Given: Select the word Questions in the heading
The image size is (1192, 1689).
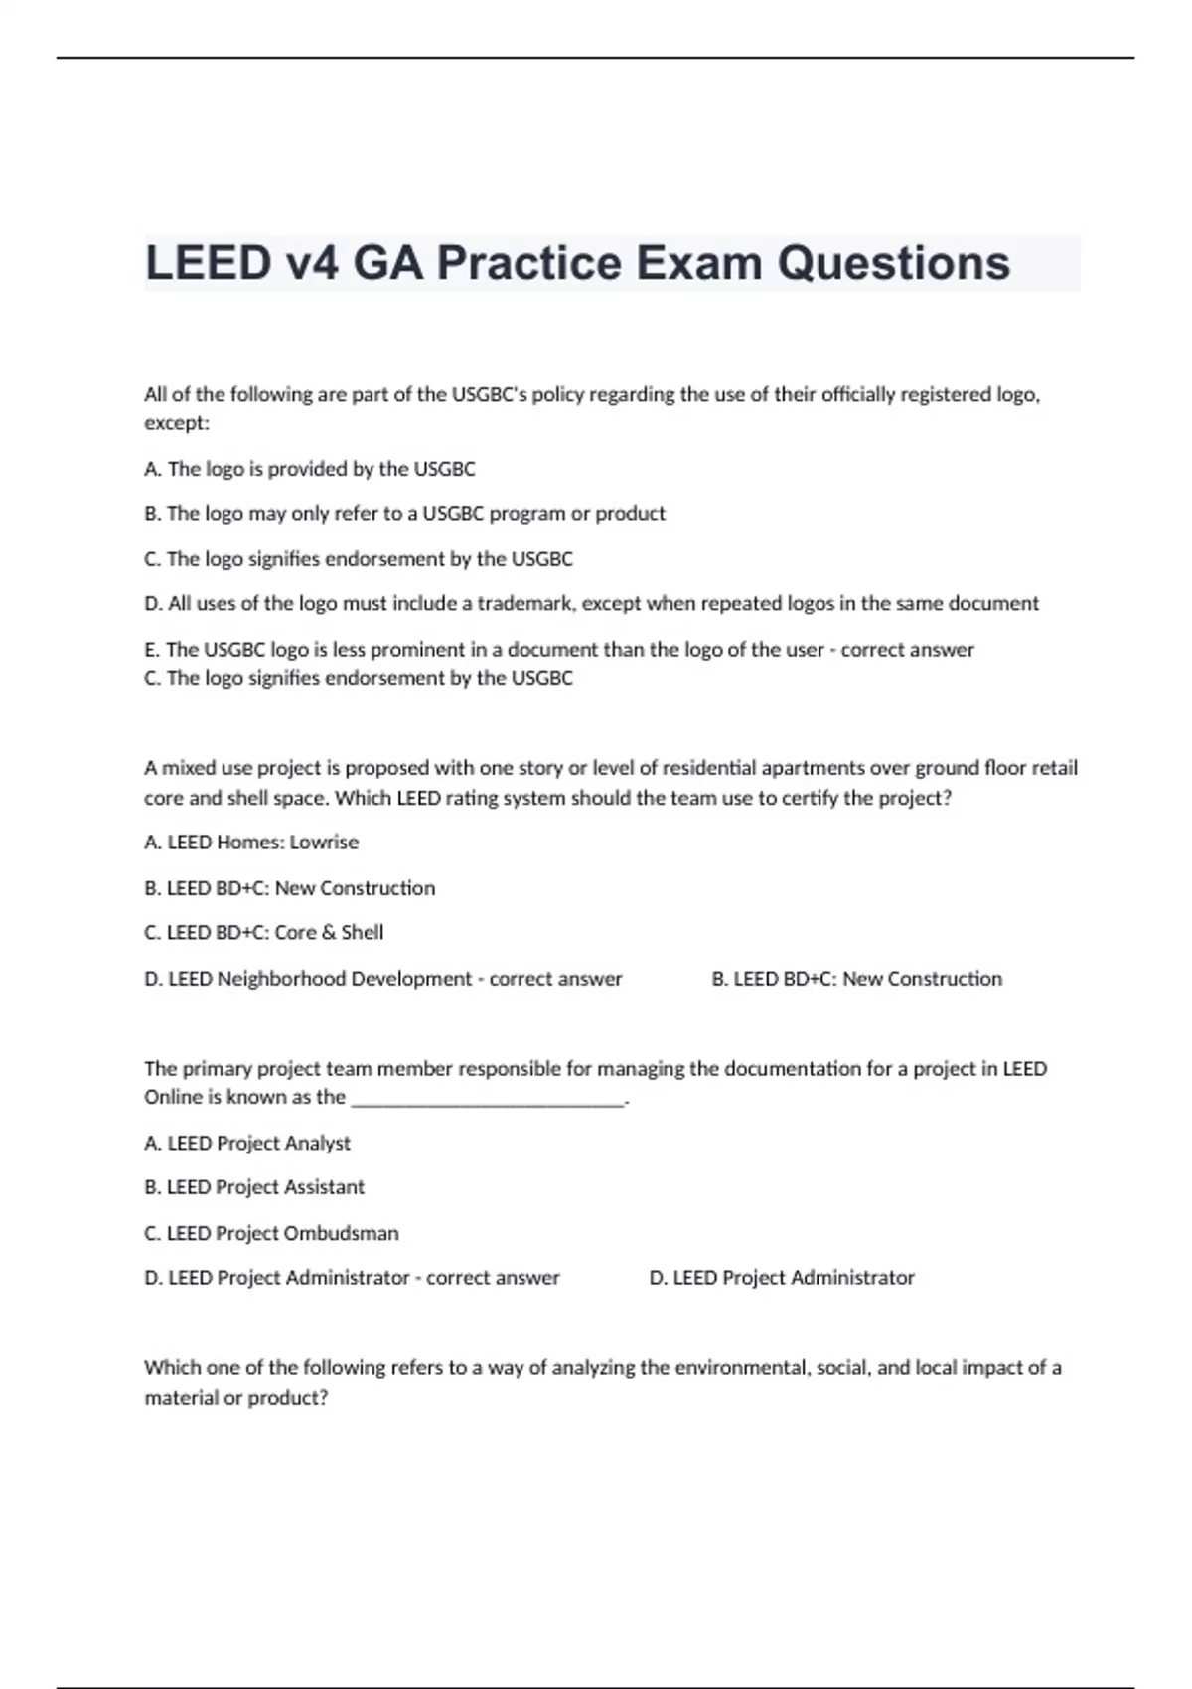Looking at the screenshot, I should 893,263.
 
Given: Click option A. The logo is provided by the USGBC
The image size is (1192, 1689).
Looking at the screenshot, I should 310,469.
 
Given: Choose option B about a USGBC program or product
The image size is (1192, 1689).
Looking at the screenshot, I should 404,514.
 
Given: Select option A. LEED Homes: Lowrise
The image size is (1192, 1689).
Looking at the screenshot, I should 251,843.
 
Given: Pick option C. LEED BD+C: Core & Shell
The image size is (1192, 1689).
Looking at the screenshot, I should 264,933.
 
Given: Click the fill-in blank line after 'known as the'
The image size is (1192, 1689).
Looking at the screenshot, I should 489,1099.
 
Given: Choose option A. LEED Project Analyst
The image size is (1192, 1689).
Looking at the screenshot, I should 247,1144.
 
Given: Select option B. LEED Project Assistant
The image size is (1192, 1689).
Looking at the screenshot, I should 254,1187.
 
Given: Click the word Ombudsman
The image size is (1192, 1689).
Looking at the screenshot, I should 341,1233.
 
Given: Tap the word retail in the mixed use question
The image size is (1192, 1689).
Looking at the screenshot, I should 1056,768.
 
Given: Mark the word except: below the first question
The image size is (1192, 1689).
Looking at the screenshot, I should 177,423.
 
